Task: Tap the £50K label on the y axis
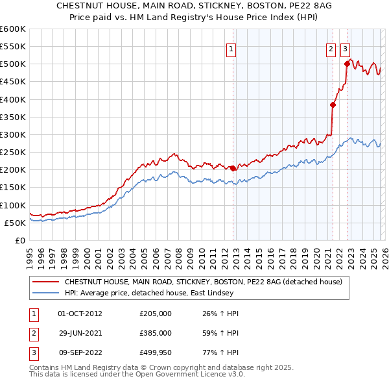(16, 223)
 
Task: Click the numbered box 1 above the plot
(231, 48)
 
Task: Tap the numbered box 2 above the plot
(331, 48)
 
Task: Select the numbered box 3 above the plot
(346, 48)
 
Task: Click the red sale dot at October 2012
(233, 168)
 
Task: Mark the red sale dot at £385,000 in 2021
(333, 105)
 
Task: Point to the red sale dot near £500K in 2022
(347, 64)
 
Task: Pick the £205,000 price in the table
(156, 313)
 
